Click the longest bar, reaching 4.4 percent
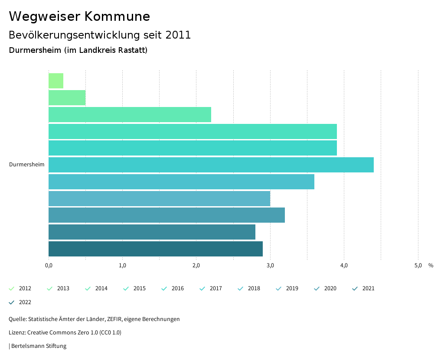(211, 165)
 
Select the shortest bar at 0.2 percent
(56, 81)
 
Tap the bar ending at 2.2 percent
(130, 115)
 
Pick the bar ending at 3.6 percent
(181, 182)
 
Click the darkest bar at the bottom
(155, 249)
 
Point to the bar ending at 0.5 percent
(67, 98)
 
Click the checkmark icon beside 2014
(88, 289)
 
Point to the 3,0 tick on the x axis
(270, 266)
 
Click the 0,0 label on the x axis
(49, 266)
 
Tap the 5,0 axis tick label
(418, 266)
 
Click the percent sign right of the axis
(431, 266)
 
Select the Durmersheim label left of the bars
(26, 165)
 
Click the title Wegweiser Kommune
(79, 16)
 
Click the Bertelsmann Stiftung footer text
(38, 346)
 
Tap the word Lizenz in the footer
(17, 333)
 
